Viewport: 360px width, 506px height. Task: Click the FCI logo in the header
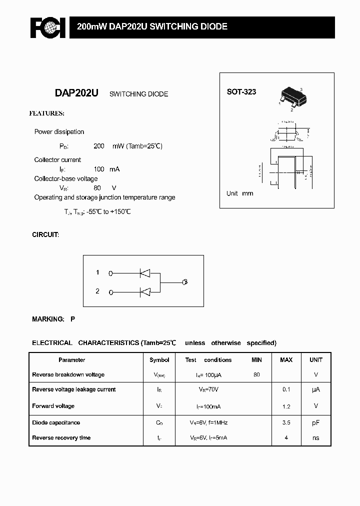[47, 28]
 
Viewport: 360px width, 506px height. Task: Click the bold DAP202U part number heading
[76, 93]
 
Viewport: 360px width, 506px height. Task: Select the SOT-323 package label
[241, 92]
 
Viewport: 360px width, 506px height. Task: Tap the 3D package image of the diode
[293, 96]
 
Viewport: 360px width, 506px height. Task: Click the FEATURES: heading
[46, 113]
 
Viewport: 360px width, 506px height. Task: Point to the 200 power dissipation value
[99, 146]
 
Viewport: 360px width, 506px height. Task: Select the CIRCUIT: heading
[45, 234]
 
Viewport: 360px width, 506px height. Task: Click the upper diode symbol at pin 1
[145, 273]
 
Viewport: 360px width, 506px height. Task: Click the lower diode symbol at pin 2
[145, 291]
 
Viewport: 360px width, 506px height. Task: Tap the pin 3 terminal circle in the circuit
[185, 282]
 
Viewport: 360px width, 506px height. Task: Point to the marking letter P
[72, 318]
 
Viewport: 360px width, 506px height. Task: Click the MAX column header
[286, 360]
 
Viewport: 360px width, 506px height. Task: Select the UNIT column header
[316, 360]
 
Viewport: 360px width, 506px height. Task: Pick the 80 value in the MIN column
[256, 374]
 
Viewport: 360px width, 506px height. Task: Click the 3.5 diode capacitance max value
[286, 422]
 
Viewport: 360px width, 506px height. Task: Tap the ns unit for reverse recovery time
[316, 438]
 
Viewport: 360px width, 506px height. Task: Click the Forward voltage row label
[53, 406]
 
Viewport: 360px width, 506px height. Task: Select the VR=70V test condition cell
[208, 389]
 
